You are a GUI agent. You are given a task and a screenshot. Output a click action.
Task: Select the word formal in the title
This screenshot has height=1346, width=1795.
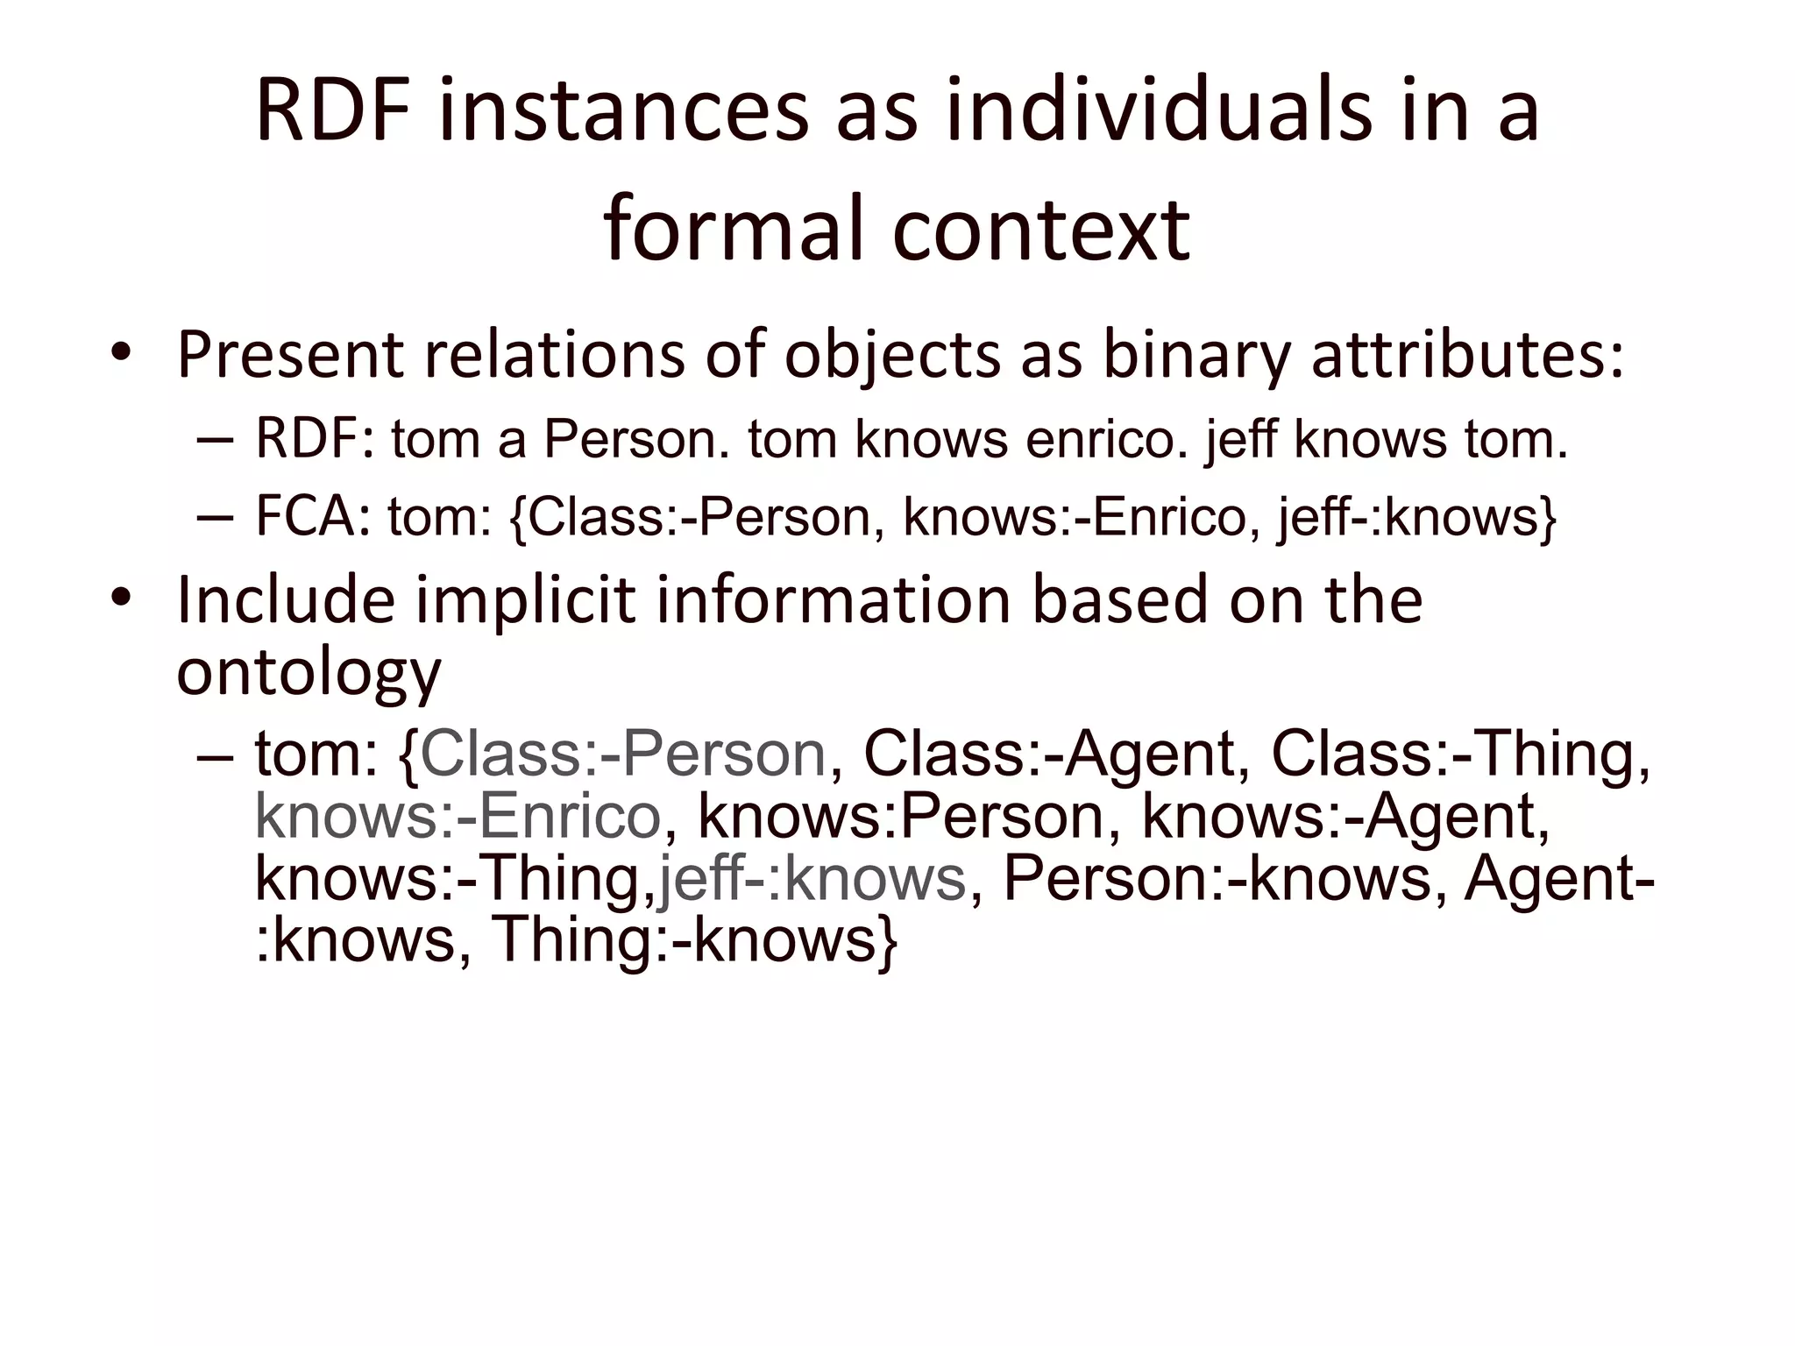(x=736, y=230)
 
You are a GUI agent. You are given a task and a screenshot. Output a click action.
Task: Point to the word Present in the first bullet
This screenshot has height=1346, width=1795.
(x=289, y=355)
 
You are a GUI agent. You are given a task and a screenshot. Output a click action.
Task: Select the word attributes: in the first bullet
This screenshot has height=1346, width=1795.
(x=1467, y=355)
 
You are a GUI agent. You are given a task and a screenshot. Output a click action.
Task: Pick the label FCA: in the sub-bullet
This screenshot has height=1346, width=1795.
(x=312, y=517)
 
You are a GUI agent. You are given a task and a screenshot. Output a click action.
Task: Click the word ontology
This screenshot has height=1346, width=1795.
(x=309, y=673)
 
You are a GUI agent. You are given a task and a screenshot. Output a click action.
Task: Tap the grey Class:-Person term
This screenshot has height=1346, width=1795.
(x=623, y=754)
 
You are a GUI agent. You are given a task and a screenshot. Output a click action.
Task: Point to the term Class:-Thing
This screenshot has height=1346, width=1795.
(x=1459, y=754)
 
